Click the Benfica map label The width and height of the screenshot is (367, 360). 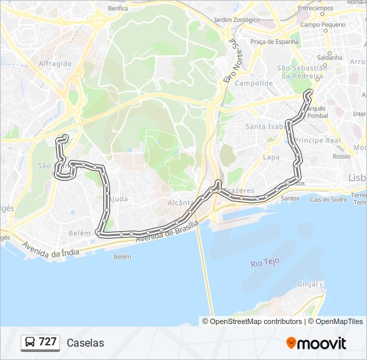click(117, 9)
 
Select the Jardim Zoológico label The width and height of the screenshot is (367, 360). click(237, 20)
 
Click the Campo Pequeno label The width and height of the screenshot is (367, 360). click(323, 25)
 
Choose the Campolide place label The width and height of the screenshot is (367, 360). click(254, 83)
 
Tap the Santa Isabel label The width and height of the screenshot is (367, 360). click(267, 126)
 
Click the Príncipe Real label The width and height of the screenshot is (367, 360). click(317, 141)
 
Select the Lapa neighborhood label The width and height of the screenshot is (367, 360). click(271, 157)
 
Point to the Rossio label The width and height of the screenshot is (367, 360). click(342, 156)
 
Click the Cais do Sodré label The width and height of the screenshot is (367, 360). click(328, 199)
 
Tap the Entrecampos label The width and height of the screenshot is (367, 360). click(316, 8)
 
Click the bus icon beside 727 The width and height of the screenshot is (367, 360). click(30, 343)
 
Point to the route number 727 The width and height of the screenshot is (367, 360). click(47, 342)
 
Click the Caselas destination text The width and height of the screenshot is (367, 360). click(85, 343)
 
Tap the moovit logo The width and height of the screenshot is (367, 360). click(316, 343)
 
